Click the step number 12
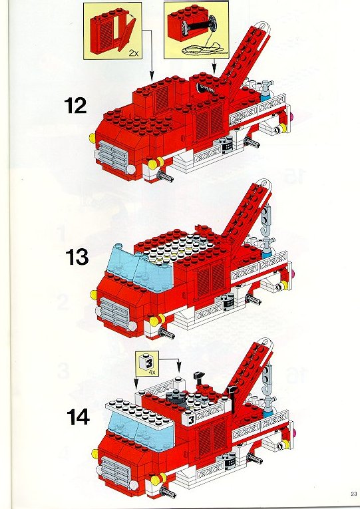76,106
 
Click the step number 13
77,257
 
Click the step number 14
79,417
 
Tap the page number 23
353,494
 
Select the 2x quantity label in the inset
133,53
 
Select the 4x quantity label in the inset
152,373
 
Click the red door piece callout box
112,31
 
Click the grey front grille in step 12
114,154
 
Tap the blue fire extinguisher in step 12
266,91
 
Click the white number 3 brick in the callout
146,362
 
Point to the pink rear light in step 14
295,433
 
